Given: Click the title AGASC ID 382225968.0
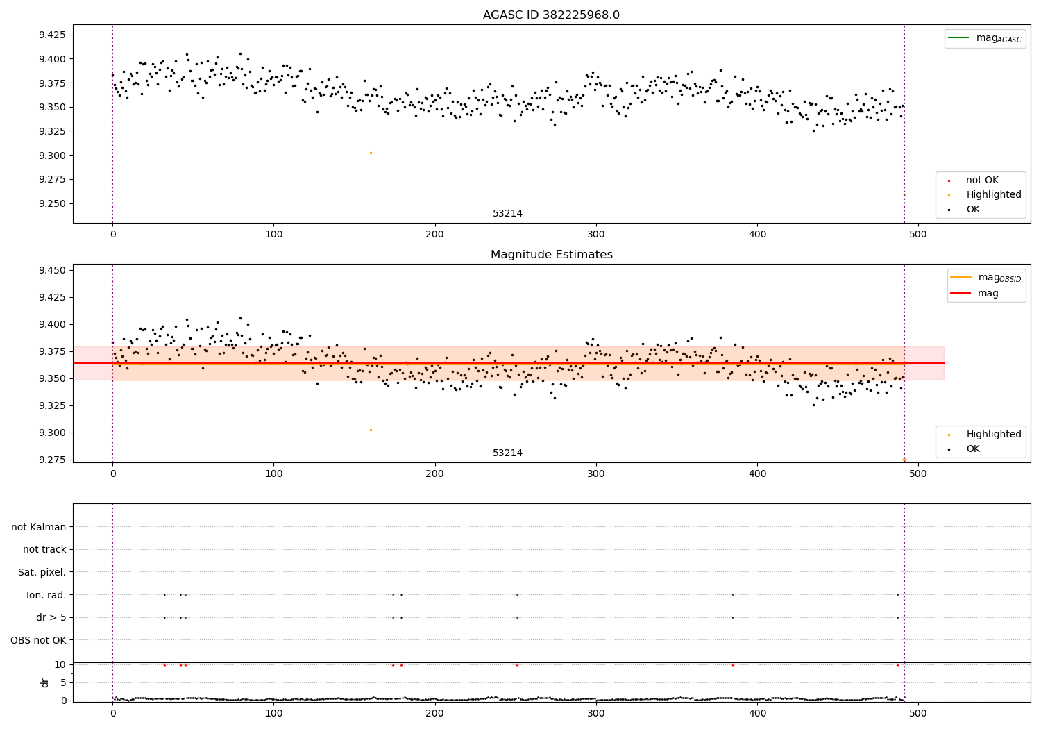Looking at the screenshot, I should pyautogui.click(x=551, y=15).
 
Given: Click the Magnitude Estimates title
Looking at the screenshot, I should pyautogui.click(x=551, y=255).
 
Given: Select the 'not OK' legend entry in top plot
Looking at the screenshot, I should pyautogui.click(x=982, y=181).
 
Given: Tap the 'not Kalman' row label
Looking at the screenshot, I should pyautogui.click(x=39, y=527).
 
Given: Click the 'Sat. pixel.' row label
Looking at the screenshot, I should pyautogui.click(x=42, y=572).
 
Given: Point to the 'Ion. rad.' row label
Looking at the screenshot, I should pyautogui.click(x=46, y=595).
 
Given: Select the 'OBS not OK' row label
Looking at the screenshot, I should pyautogui.click(x=39, y=640).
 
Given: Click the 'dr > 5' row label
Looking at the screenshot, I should pyautogui.click(x=51, y=617).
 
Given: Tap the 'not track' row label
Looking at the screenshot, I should pyautogui.click(x=44, y=549).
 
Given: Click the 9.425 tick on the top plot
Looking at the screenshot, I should pyautogui.click(x=53, y=35).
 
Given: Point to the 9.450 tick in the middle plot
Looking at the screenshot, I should pyautogui.click(x=53, y=270).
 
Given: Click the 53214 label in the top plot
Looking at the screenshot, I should pyautogui.click(x=507, y=214).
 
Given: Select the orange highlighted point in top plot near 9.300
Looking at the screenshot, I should pyautogui.click(x=371, y=153).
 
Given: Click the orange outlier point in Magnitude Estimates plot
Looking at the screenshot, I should pyautogui.click(x=371, y=430).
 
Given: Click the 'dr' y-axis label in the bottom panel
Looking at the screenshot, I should pyautogui.click(x=45, y=682).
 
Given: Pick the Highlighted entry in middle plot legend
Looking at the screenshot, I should pyautogui.click(x=993, y=434).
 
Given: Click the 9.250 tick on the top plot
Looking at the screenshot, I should pyautogui.click(x=53, y=203).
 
